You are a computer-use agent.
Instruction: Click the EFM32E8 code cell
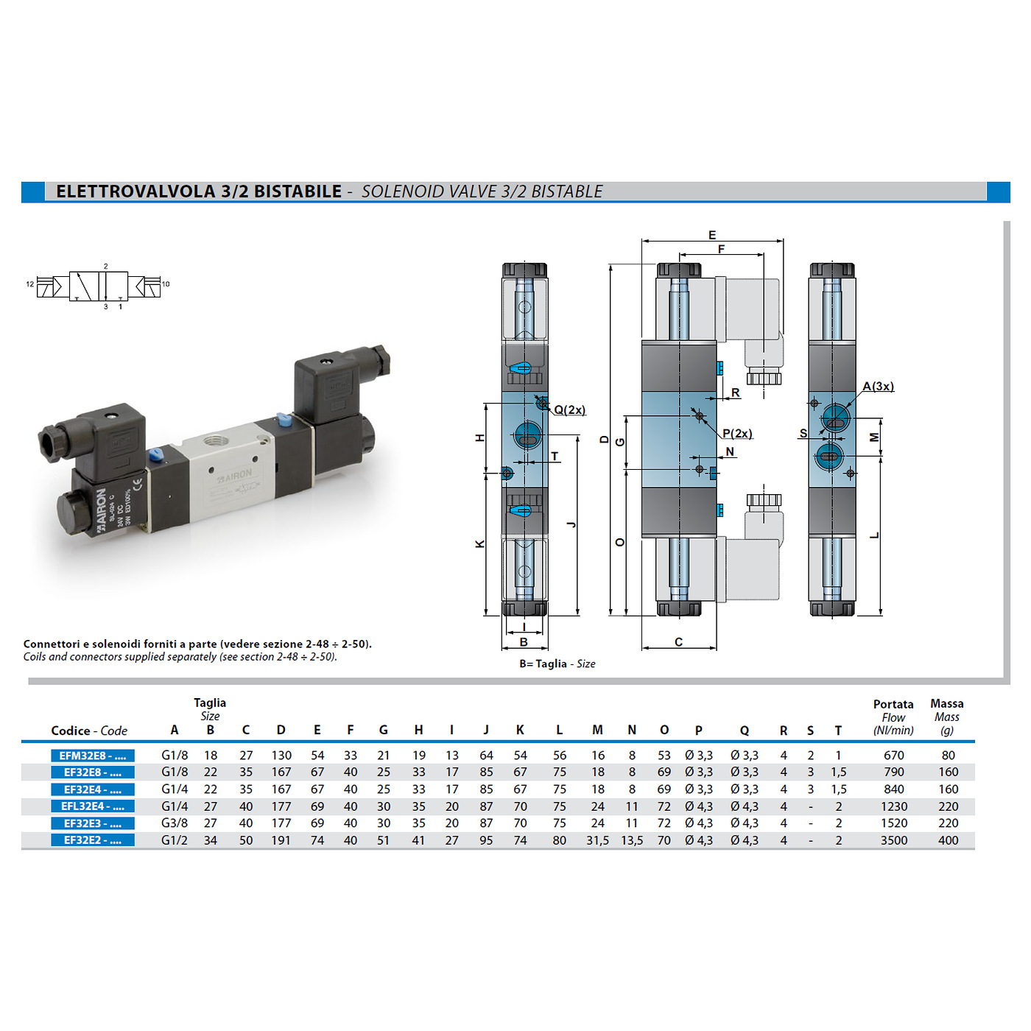tap(93, 755)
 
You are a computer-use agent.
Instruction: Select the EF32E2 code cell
tap(93, 840)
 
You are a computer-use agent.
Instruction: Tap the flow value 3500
tap(893, 840)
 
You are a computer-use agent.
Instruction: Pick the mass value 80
tap(948, 755)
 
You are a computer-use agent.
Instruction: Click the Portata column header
tap(893, 704)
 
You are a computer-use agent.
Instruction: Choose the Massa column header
tap(947, 703)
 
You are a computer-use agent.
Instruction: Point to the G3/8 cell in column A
tap(175, 823)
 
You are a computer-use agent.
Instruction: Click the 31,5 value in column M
tap(598, 840)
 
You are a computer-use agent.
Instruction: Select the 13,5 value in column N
tap(632, 840)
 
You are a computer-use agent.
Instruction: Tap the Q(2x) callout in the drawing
tap(569, 410)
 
